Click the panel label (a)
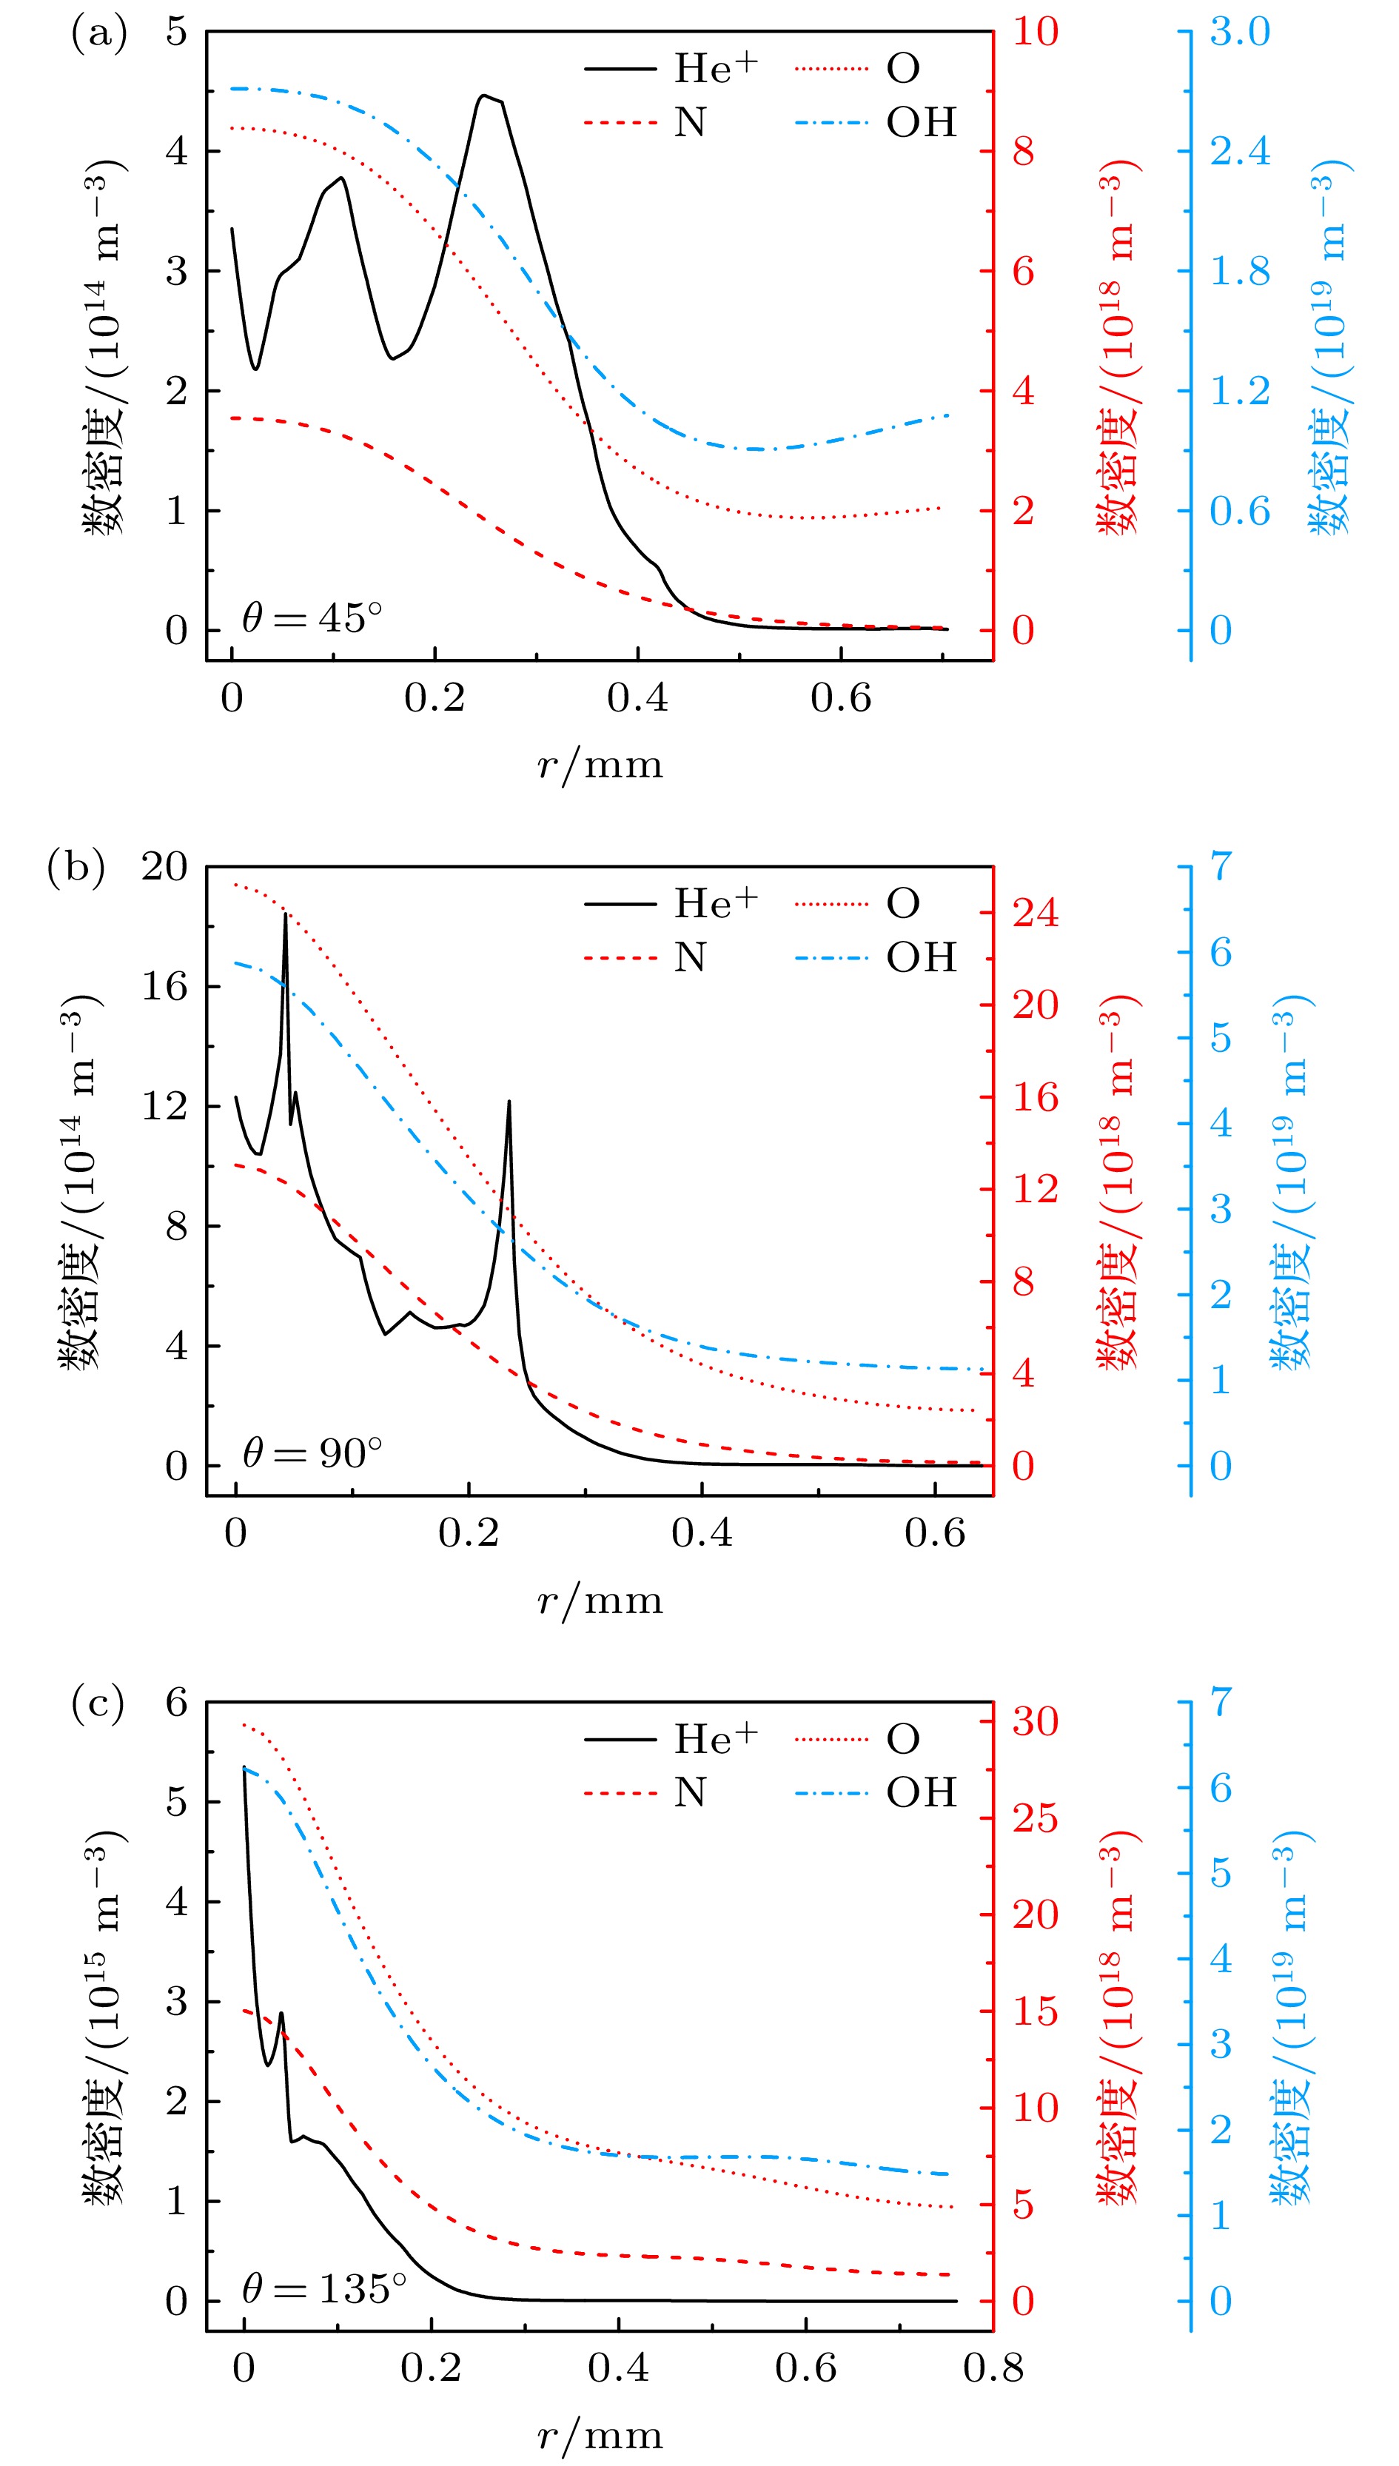click(x=99, y=35)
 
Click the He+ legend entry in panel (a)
click(x=673, y=68)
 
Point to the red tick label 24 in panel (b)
click(x=1035, y=912)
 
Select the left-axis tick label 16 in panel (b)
click(x=164, y=986)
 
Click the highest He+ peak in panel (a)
click(x=486, y=96)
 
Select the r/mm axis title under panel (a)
click(x=600, y=765)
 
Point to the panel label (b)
click(x=75, y=868)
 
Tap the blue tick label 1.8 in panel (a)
click(x=1240, y=271)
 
